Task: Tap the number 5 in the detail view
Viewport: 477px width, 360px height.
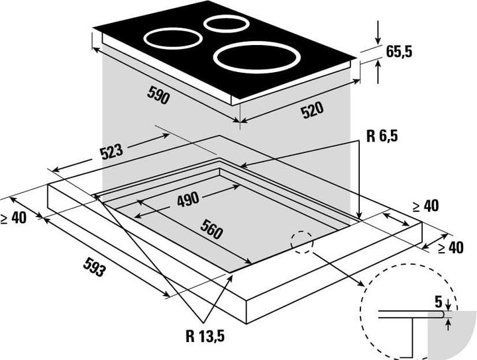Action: pos(438,301)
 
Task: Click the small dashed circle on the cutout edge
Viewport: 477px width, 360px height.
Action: pos(302,243)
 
